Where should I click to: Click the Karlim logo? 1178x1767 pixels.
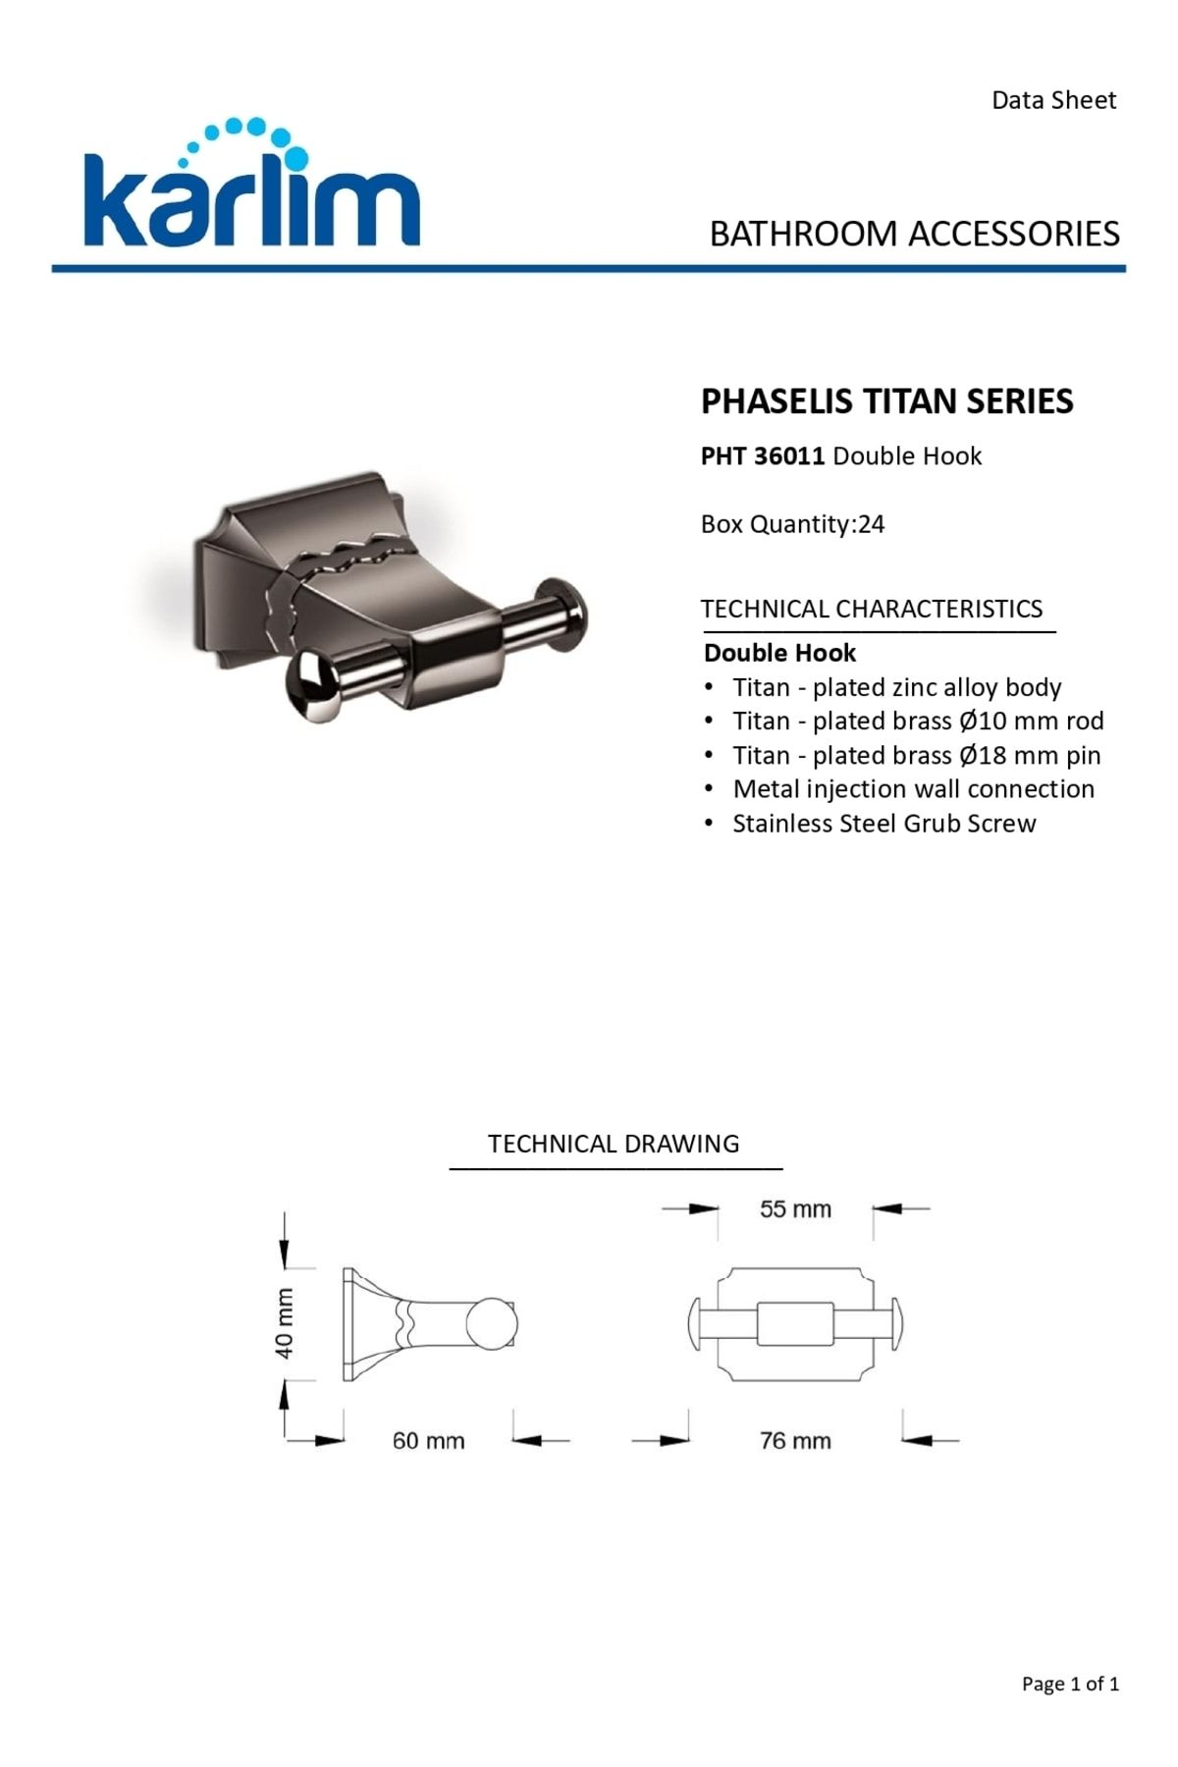(x=252, y=187)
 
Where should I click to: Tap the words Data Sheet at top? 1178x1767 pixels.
(x=1053, y=100)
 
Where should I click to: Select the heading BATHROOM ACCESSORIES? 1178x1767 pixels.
(x=914, y=234)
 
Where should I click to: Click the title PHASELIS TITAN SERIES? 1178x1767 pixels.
(x=886, y=402)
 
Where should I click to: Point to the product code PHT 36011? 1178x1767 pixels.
(x=763, y=456)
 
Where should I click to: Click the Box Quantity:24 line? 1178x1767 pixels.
(x=792, y=524)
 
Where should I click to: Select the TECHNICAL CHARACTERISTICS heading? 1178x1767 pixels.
(x=872, y=609)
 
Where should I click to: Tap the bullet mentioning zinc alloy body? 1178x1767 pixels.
(x=896, y=687)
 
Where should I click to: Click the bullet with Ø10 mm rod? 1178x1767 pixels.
(x=918, y=722)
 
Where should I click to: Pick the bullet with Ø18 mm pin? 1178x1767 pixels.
(x=916, y=756)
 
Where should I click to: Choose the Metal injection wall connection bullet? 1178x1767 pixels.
(x=913, y=789)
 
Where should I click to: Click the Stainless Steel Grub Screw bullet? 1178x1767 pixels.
(x=883, y=824)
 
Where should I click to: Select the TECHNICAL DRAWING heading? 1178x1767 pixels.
(x=614, y=1144)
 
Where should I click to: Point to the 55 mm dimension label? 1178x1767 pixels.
(x=795, y=1209)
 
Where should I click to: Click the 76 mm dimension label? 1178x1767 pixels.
(x=795, y=1441)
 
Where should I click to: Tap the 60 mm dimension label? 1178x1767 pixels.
(x=428, y=1441)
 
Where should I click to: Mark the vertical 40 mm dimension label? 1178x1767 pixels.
(x=284, y=1323)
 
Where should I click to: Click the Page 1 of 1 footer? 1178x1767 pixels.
(x=1070, y=1685)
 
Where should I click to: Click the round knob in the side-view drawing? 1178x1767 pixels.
(x=490, y=1323)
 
